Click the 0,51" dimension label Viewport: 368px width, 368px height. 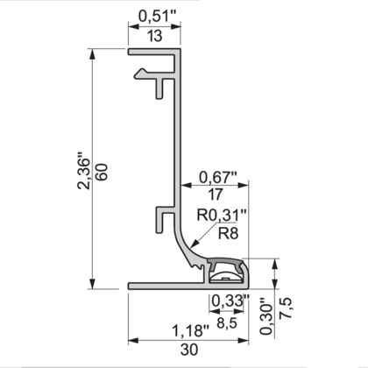click(155, 14)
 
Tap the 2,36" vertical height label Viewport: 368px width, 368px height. click(84, 172)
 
